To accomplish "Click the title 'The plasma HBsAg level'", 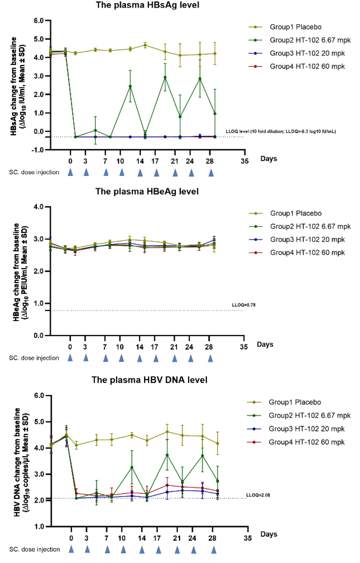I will click(147, 5).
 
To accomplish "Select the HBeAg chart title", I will click(147, 191).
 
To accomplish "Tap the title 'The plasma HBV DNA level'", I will click(150, 380).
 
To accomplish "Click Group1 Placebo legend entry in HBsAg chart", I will click(295, 27).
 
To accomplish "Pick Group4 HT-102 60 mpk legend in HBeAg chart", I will click(307, 253).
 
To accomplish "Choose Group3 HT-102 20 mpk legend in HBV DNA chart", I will click(306, 429).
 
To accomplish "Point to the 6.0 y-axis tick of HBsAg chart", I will click(39, 21).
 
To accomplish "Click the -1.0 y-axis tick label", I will click(38, 150).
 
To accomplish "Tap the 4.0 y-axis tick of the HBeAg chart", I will click(38, 207).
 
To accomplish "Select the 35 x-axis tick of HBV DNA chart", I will click(248, 538).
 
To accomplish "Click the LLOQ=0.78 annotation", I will click(243, 305).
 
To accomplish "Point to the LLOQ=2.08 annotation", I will click(258, 495).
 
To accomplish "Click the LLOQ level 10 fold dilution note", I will click(281, 131).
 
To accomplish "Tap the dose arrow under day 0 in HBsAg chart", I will click(70, 172).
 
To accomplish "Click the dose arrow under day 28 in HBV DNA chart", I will click(214, 550).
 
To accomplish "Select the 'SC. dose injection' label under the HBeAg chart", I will click(34, 358).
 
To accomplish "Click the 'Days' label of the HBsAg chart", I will click(269, 159).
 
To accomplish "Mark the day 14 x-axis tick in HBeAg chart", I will click(139, 347).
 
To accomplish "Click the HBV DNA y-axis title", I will click(22, 462).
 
